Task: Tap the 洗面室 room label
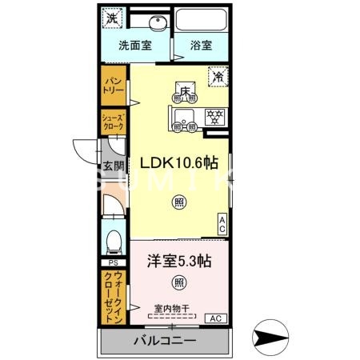tap(135, 46)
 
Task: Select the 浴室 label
tap(201, 46)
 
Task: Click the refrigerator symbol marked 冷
tap(218, 77)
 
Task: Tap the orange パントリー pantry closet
tap(111, 86)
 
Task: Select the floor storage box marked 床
tap(185, 91)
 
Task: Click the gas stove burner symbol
tap(214, 117)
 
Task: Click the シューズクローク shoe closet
tap(111, 122)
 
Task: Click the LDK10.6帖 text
tap(179, 162)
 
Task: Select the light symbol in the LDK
tap(178, 202)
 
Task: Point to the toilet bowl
tap(113, 240)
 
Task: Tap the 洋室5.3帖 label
tap(178, 260)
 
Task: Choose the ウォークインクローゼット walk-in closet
tap(111, 296)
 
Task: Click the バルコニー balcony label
tap(163, 341)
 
